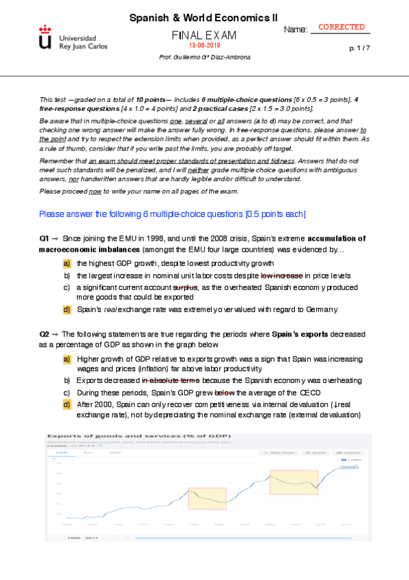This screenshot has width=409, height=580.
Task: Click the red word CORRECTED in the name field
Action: point(342,27)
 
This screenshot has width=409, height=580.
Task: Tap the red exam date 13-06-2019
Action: point(204,45)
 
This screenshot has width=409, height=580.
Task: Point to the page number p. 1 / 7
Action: point(360,48)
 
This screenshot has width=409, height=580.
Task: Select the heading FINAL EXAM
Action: point(203,35)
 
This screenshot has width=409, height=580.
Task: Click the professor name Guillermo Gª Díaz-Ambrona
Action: point(204,57)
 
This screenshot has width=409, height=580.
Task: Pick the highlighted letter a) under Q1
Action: point(67,263)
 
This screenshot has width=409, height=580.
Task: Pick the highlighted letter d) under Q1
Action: point(67,310)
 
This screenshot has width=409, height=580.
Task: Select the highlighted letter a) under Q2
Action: point(67,359)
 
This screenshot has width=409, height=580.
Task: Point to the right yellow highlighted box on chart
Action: point(294,482)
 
